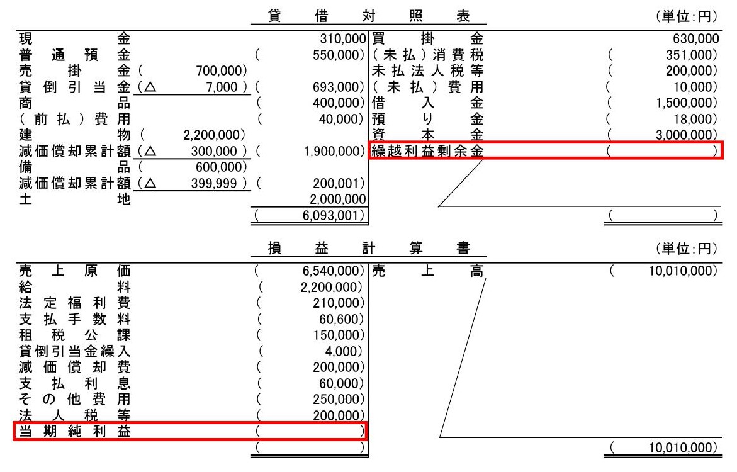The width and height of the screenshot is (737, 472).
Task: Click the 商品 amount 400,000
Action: coord(339,102)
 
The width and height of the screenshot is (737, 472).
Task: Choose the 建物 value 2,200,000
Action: coord(213,134)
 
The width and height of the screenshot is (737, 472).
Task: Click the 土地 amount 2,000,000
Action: coord(339,199)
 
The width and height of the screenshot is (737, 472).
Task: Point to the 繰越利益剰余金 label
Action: coord(429,150)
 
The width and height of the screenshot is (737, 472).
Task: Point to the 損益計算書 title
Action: coord(368,249)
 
